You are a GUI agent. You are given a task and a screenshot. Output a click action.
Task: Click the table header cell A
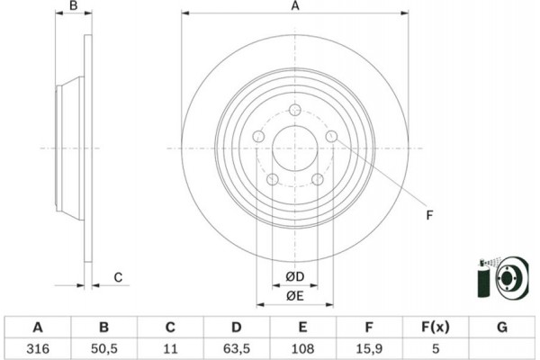(x=37, y=326)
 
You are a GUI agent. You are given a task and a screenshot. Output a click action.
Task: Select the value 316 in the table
(x=37, y=347)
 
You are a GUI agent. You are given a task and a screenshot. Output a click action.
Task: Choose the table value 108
(x=301, y=347)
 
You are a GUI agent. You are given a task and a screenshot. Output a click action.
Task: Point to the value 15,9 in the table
(x=368, y=347)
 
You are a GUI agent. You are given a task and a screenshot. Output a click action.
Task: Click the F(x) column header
(x=436, y=326)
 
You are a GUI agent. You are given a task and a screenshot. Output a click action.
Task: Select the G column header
(x=502, y=326)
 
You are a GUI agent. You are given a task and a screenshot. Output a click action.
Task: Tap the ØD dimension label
(x=294, y=275)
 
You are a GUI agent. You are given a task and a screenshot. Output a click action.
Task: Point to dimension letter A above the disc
(x=294, y=7)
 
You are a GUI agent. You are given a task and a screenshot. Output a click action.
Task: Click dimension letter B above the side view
(x=75, y=7)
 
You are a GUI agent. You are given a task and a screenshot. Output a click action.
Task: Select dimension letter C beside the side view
(x=117, y=278)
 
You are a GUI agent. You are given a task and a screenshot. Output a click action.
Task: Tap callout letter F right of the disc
(x=428, y=214)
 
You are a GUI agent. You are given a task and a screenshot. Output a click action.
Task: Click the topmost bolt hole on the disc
(x=294, y=111)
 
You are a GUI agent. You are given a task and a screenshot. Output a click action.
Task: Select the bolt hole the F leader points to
(x=331, y=137)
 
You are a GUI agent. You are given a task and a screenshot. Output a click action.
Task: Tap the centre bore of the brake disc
(x=294, y=148)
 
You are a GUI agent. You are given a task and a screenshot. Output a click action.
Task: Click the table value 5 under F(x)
(x=436, y=347)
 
